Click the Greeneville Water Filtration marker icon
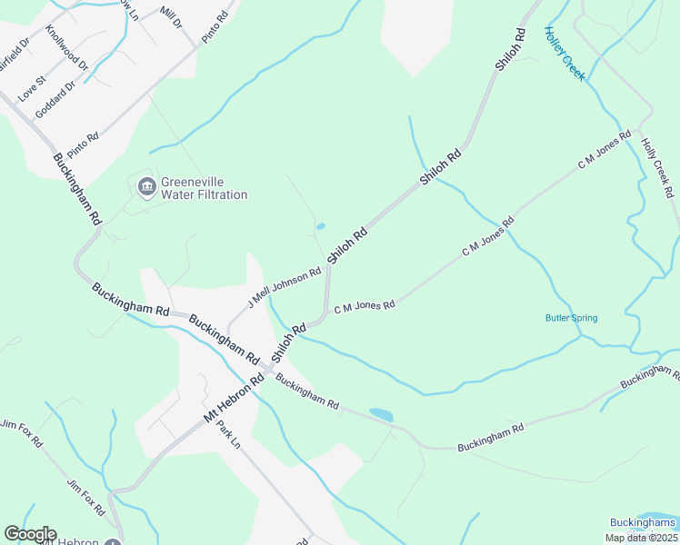point(145,187)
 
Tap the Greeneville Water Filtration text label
point(204,188)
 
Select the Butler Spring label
point(571,318)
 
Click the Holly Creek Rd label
point(658,169)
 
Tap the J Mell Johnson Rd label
point(285,288)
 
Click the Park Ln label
point(227,436)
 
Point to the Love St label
point(32,87)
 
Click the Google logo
point(30,534)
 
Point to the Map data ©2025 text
point(640,538)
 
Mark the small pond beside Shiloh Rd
point(319,226)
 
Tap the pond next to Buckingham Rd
point(381,415)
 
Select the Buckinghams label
point(643,523)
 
